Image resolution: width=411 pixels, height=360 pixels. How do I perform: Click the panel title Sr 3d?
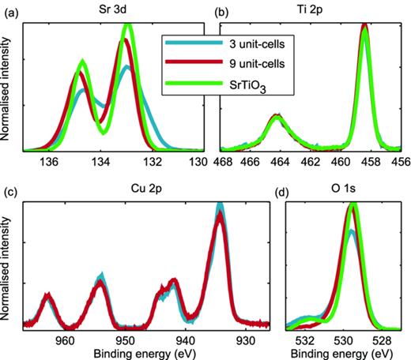(111, 10)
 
